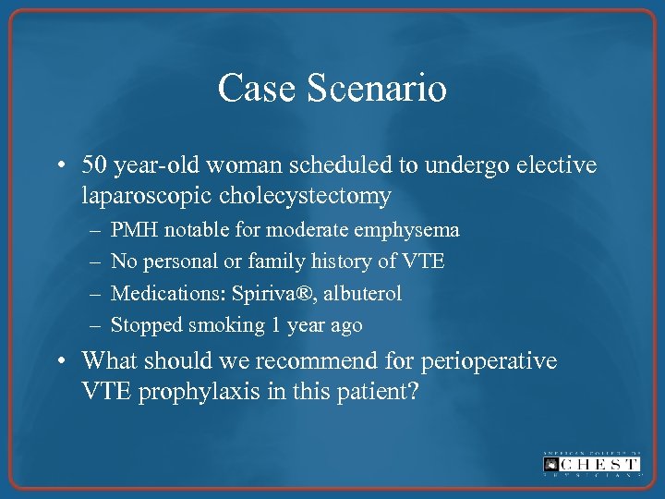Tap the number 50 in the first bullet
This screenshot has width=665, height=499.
pos(94,165)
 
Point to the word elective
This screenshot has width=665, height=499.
pos(559,165)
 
